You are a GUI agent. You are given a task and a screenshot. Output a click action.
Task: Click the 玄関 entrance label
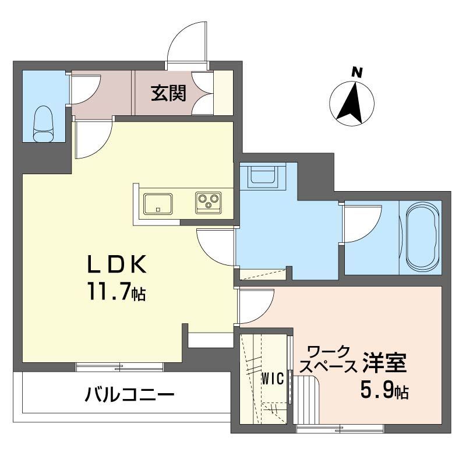pyautogui.click(x=169, y=93)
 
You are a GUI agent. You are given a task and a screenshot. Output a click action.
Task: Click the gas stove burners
pyautogui.click(x=208, y=202)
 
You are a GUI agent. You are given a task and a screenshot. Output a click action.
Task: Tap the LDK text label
pyautogui.click(x=116, y=266)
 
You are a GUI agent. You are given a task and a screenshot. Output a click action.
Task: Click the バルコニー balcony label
pyautogui.click(x=129, y=396)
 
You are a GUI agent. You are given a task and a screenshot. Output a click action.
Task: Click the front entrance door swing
pyautogui.click(x=186, y=41)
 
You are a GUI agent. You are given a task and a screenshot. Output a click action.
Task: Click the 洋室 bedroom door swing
pyautogui.click(x=255, y=306)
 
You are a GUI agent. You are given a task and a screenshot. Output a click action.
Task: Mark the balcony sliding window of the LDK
pyautogui.click(x=120, y=367)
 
